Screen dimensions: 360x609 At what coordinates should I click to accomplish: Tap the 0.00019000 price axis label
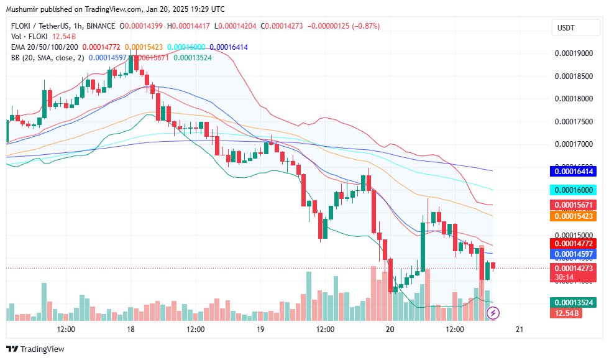[x=573, y=53]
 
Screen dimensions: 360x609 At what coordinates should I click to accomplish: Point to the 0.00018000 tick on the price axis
[x=573, y=99]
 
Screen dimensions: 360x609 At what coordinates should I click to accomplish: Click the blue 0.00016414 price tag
[x=572, y=171]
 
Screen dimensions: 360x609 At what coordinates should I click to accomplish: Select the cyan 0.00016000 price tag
[x=572, y=190]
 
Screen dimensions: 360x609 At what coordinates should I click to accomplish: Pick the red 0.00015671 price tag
[x=572, y=205]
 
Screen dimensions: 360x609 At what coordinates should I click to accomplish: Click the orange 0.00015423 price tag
[x=572, y=216]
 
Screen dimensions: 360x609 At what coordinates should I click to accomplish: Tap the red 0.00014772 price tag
[x=572, y=243]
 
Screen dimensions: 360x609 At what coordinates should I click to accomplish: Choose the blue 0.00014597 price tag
[x=572, y=254]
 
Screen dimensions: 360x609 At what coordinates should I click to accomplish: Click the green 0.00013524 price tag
[x=572, y=302]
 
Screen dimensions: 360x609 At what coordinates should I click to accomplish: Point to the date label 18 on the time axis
[x=130, y=330]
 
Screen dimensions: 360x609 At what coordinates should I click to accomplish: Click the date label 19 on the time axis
[x=260, y=330]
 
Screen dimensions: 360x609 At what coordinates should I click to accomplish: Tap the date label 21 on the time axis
[x=520, y=330]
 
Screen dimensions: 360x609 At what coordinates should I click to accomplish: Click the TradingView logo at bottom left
[x=35, y=349]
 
